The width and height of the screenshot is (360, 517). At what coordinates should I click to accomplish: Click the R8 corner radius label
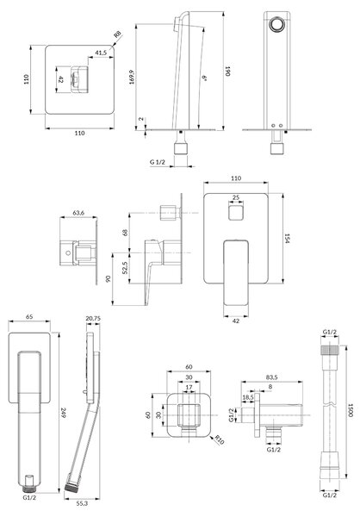[x=118, y=34]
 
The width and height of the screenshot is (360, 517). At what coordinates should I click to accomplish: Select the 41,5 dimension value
[x=101, y=53]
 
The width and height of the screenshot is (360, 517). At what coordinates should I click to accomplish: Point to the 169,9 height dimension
[x=132, y=77]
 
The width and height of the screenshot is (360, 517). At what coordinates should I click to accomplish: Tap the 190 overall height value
[x=227, y=72]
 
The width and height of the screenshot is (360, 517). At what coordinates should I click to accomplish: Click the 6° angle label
[x=204, y=78]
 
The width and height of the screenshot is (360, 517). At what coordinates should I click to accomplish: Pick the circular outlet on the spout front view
[x=276, y=24]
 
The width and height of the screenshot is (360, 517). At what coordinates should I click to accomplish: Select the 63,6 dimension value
[x=78, y=213]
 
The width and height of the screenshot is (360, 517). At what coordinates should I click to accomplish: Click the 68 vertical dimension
[x=125, y=233]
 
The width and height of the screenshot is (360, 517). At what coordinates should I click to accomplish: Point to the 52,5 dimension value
[x=125, y=268]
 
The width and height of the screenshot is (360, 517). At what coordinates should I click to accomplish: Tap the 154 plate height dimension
[x=287, y=239]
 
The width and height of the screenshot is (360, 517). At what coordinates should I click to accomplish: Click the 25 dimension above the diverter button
[x=236, y=197]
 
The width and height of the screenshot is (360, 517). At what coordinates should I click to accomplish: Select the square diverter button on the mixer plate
[x=236, y=212]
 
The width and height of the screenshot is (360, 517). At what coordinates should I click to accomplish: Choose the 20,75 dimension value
[x=93, y=319]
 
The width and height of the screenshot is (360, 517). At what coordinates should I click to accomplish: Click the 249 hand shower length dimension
[x=63, y=413]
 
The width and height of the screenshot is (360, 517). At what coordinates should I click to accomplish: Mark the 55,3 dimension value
[x=82, y=503]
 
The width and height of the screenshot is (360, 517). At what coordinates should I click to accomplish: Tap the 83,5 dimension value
[x=271, y=377]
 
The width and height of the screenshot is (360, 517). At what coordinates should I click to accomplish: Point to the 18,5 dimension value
[x=248, y=397]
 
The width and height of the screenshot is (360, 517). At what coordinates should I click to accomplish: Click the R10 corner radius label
[x=220, y=439]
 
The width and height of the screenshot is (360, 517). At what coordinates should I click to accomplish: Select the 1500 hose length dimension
[x=351, y=410]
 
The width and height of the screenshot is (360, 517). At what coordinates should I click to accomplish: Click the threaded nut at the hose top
[x=329, y=350]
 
